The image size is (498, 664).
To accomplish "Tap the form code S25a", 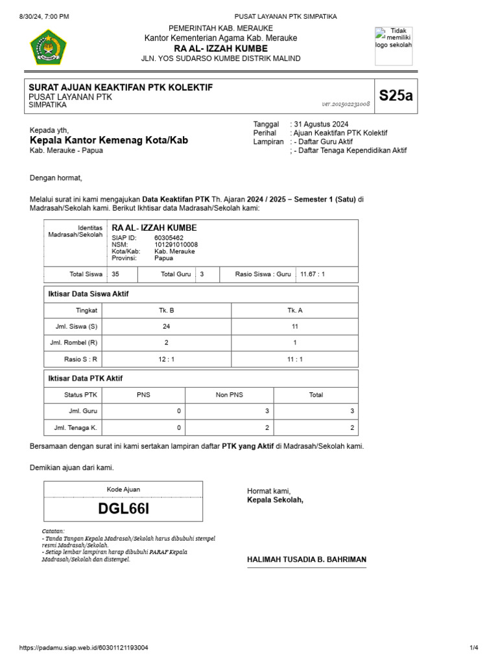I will tap(396, 96).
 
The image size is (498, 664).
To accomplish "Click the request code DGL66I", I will tap(123, 508).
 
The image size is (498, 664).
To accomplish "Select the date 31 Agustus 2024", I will tap(320, 124).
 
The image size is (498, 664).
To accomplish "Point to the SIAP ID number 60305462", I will tap(169, 238).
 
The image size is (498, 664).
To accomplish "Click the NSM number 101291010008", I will tap(176, 244).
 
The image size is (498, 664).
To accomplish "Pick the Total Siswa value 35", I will tap(115, 274).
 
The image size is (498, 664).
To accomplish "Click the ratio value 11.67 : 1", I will tap(312, 274).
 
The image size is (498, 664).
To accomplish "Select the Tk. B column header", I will tap(167, 311).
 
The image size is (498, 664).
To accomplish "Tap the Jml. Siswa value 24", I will tap(167, 327).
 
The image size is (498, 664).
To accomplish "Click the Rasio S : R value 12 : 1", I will tap(167, 359).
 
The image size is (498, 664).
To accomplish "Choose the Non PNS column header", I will tap(230, 395).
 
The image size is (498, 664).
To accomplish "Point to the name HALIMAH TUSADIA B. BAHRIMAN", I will tap(307, 559).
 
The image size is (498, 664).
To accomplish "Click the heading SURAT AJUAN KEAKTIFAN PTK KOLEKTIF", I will tap(121, 88).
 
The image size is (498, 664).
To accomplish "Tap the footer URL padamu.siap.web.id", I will tap(84, 648).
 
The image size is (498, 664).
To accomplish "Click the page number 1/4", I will tap(473, 648).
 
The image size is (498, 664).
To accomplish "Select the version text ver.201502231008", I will tap(346, 104).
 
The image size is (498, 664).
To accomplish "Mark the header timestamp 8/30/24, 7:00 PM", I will tap(43, 16).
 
